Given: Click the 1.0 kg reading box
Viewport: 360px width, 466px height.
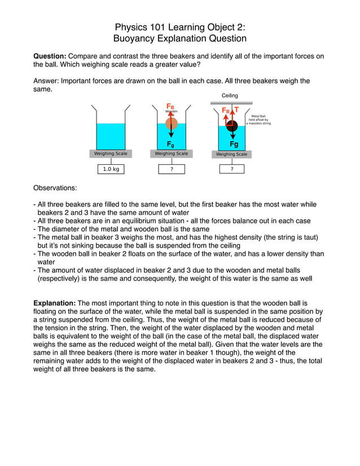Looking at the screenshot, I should (x=111, y=169).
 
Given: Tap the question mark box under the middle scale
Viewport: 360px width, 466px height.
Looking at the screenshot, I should (x=171, y=169).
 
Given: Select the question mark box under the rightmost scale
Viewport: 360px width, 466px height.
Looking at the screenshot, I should (x=231, y=169).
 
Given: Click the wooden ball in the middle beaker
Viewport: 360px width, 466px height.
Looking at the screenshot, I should (x=172, y=124).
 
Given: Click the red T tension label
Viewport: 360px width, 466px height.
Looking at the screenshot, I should (x=236, y=110).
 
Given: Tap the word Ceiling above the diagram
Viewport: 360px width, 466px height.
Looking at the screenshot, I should (x=230, y=96).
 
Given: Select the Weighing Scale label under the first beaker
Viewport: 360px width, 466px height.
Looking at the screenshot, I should (x=111, y=153).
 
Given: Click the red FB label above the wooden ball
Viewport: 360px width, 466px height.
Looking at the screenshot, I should (x=170, y=106).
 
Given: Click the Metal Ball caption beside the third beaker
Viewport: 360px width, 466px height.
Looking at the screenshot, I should (x=258, y=119).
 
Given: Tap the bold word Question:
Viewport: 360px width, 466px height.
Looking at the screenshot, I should (x=50, y=56).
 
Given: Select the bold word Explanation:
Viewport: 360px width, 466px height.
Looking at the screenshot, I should (x=55, y=304).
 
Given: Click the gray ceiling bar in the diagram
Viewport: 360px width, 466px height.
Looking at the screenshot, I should (x=231, y=103).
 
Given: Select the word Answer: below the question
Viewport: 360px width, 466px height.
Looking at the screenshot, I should (x=46, y=81).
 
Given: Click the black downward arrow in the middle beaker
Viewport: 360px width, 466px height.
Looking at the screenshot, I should (x=172, y=133).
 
